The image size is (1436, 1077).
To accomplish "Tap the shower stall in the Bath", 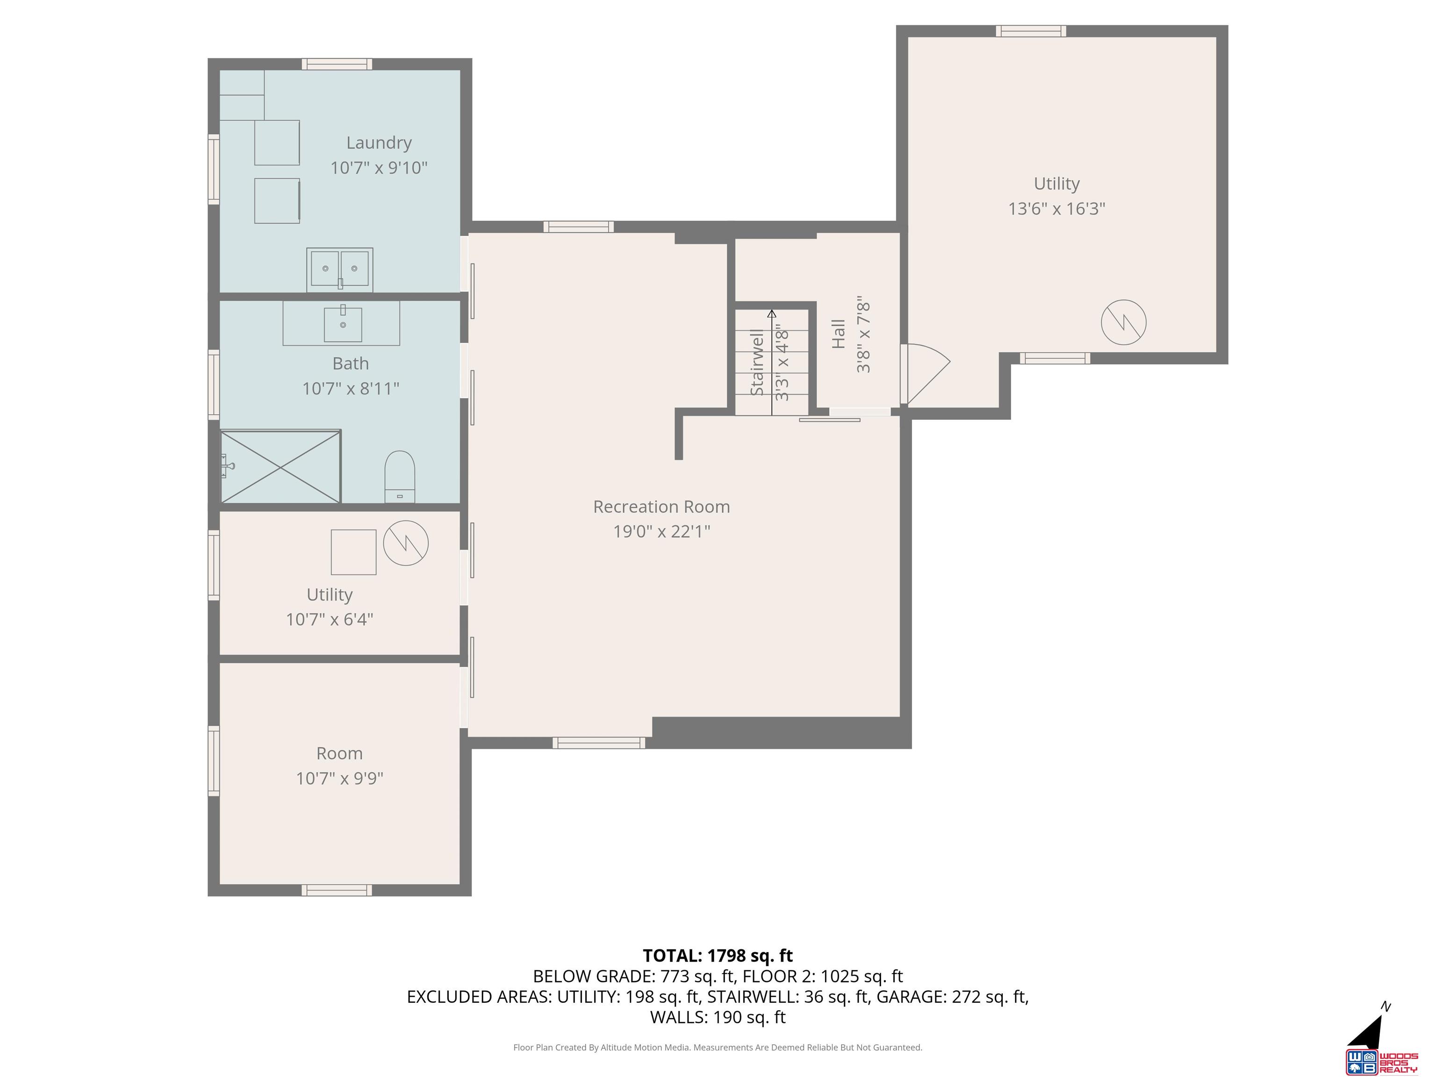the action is (x=280, y=466).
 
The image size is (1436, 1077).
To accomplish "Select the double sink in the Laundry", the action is (x=339, y=268).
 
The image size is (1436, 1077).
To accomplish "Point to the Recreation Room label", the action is (x=661, y=506).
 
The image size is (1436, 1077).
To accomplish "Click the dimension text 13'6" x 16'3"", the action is (x=1056, y=208).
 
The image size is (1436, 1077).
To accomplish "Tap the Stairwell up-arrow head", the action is (x=772, y=314).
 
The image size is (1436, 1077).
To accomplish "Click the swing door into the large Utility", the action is (x=925, y=374).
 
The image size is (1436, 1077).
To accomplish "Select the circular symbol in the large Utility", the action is (x=1124, y=322).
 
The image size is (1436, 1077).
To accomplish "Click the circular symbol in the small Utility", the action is (x=406, y=543).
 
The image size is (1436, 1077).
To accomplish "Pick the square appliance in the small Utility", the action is (x=354, y=552).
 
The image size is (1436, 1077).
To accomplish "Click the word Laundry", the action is (x=379, y=143).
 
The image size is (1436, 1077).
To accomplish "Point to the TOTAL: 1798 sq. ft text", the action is (x=718, y=955).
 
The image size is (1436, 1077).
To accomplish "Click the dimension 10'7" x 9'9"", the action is (x=339, y=778).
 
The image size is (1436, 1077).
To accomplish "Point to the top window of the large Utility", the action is (x=1031, y=30).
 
